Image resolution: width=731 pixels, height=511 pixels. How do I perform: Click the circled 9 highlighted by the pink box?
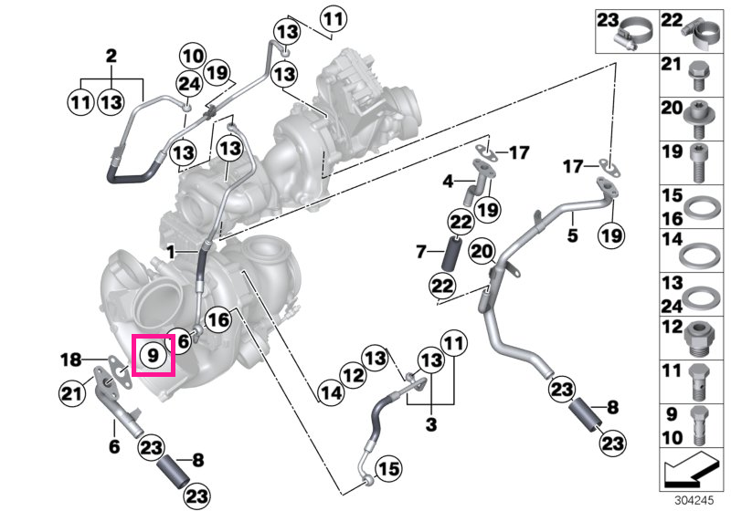[153, 356]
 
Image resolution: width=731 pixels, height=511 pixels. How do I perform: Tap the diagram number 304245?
[694, 501]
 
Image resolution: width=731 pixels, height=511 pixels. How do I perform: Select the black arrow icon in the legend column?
[690, 470]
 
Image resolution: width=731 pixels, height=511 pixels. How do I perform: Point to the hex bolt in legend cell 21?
[698, 77]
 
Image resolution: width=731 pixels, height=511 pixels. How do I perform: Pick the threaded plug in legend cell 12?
[700, 339]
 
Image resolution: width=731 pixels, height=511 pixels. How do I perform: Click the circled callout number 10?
[193, 57]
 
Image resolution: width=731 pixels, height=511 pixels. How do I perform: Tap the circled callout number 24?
[189, 85]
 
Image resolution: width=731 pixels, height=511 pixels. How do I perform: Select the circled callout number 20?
[482, 252]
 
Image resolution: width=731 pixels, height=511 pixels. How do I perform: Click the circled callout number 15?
[389, 469]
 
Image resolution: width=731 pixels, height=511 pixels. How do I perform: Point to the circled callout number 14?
[332, 393]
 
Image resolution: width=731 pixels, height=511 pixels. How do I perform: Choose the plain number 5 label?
[573, 235]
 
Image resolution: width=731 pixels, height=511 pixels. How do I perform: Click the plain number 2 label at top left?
[111, 57]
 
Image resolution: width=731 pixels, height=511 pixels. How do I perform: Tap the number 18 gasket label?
[71, 360]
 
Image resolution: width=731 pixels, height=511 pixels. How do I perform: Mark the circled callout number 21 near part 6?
[72, 394]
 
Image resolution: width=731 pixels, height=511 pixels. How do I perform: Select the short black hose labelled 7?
[451, 254]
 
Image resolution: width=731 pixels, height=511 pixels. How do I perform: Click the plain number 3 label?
[431, 424]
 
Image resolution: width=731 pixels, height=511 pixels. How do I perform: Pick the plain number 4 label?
[448, 181]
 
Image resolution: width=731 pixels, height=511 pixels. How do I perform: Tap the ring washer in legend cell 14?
[697, 255]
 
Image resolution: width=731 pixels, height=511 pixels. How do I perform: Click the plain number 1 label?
[171, 253]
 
